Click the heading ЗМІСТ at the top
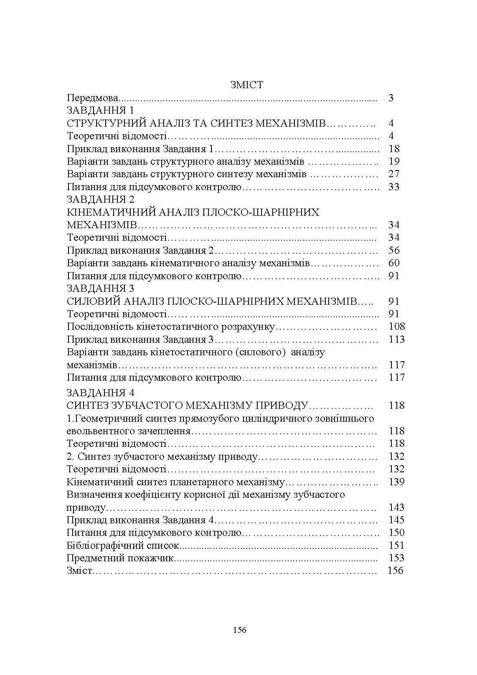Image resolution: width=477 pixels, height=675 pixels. point(246,85)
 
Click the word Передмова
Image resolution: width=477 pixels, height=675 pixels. point(92,98)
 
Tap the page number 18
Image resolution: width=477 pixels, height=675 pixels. point(393,149)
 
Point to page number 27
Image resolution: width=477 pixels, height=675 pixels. point(393,174)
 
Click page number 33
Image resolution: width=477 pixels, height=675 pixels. point(393,187)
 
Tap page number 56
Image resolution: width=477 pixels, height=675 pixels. point(393,250)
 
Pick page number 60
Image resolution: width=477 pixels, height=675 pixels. point(393,263)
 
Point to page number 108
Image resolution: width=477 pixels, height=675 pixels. point(396,326)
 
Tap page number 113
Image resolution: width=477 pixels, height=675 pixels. point(396,339)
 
